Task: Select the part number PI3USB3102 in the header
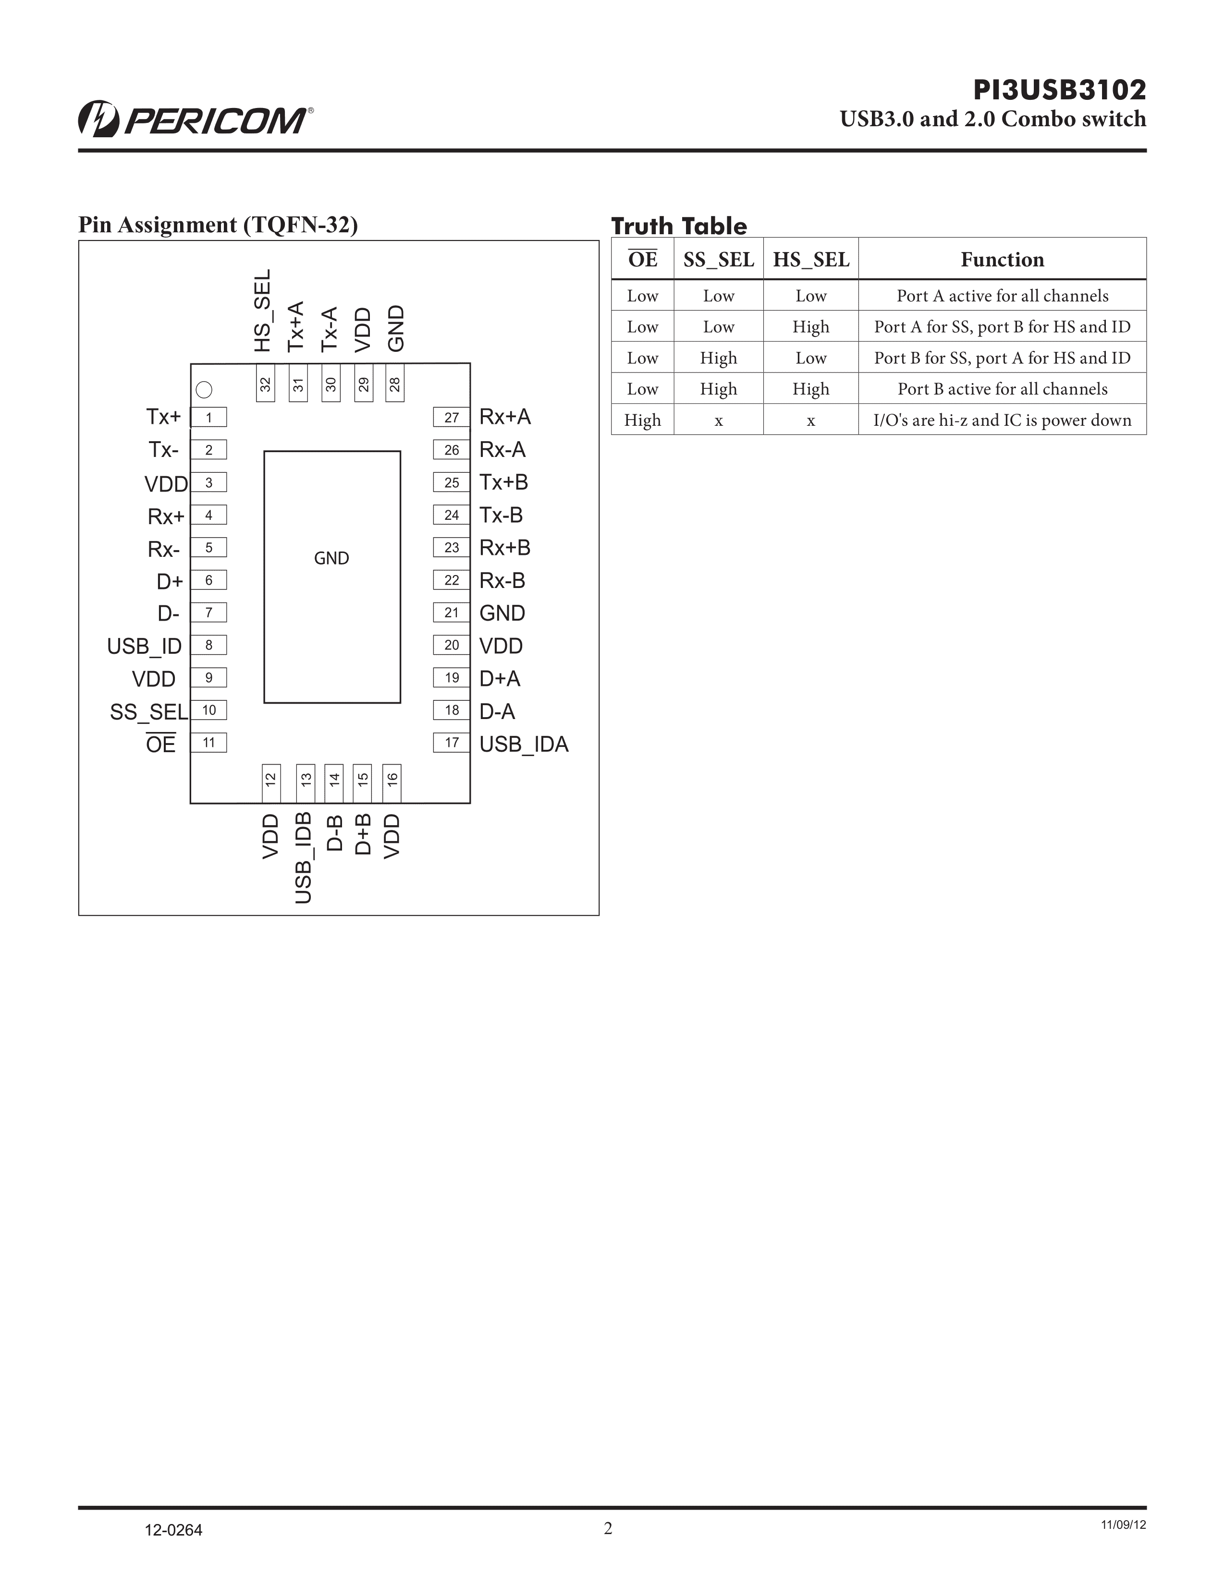pos(1060,90)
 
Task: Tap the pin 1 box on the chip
pos(208,417)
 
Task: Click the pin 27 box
pos(452,417)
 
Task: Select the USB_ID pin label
pos(145,646)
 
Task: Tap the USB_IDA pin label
pos(524,744)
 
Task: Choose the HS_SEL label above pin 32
pos(263,311)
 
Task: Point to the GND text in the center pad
pos(331,558)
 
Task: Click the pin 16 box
pos(392,783)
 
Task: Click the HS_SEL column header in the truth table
pos(810,260)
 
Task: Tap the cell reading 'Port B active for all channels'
pos(1002,389)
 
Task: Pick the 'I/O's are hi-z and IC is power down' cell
pos(1002,420)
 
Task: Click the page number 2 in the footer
pos(608,1528)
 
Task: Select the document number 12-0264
pos(173,1530)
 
